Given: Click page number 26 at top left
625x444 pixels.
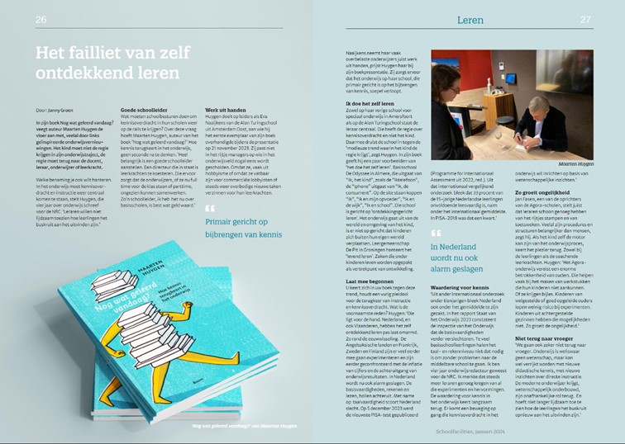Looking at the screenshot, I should click(x=41, y=19).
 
